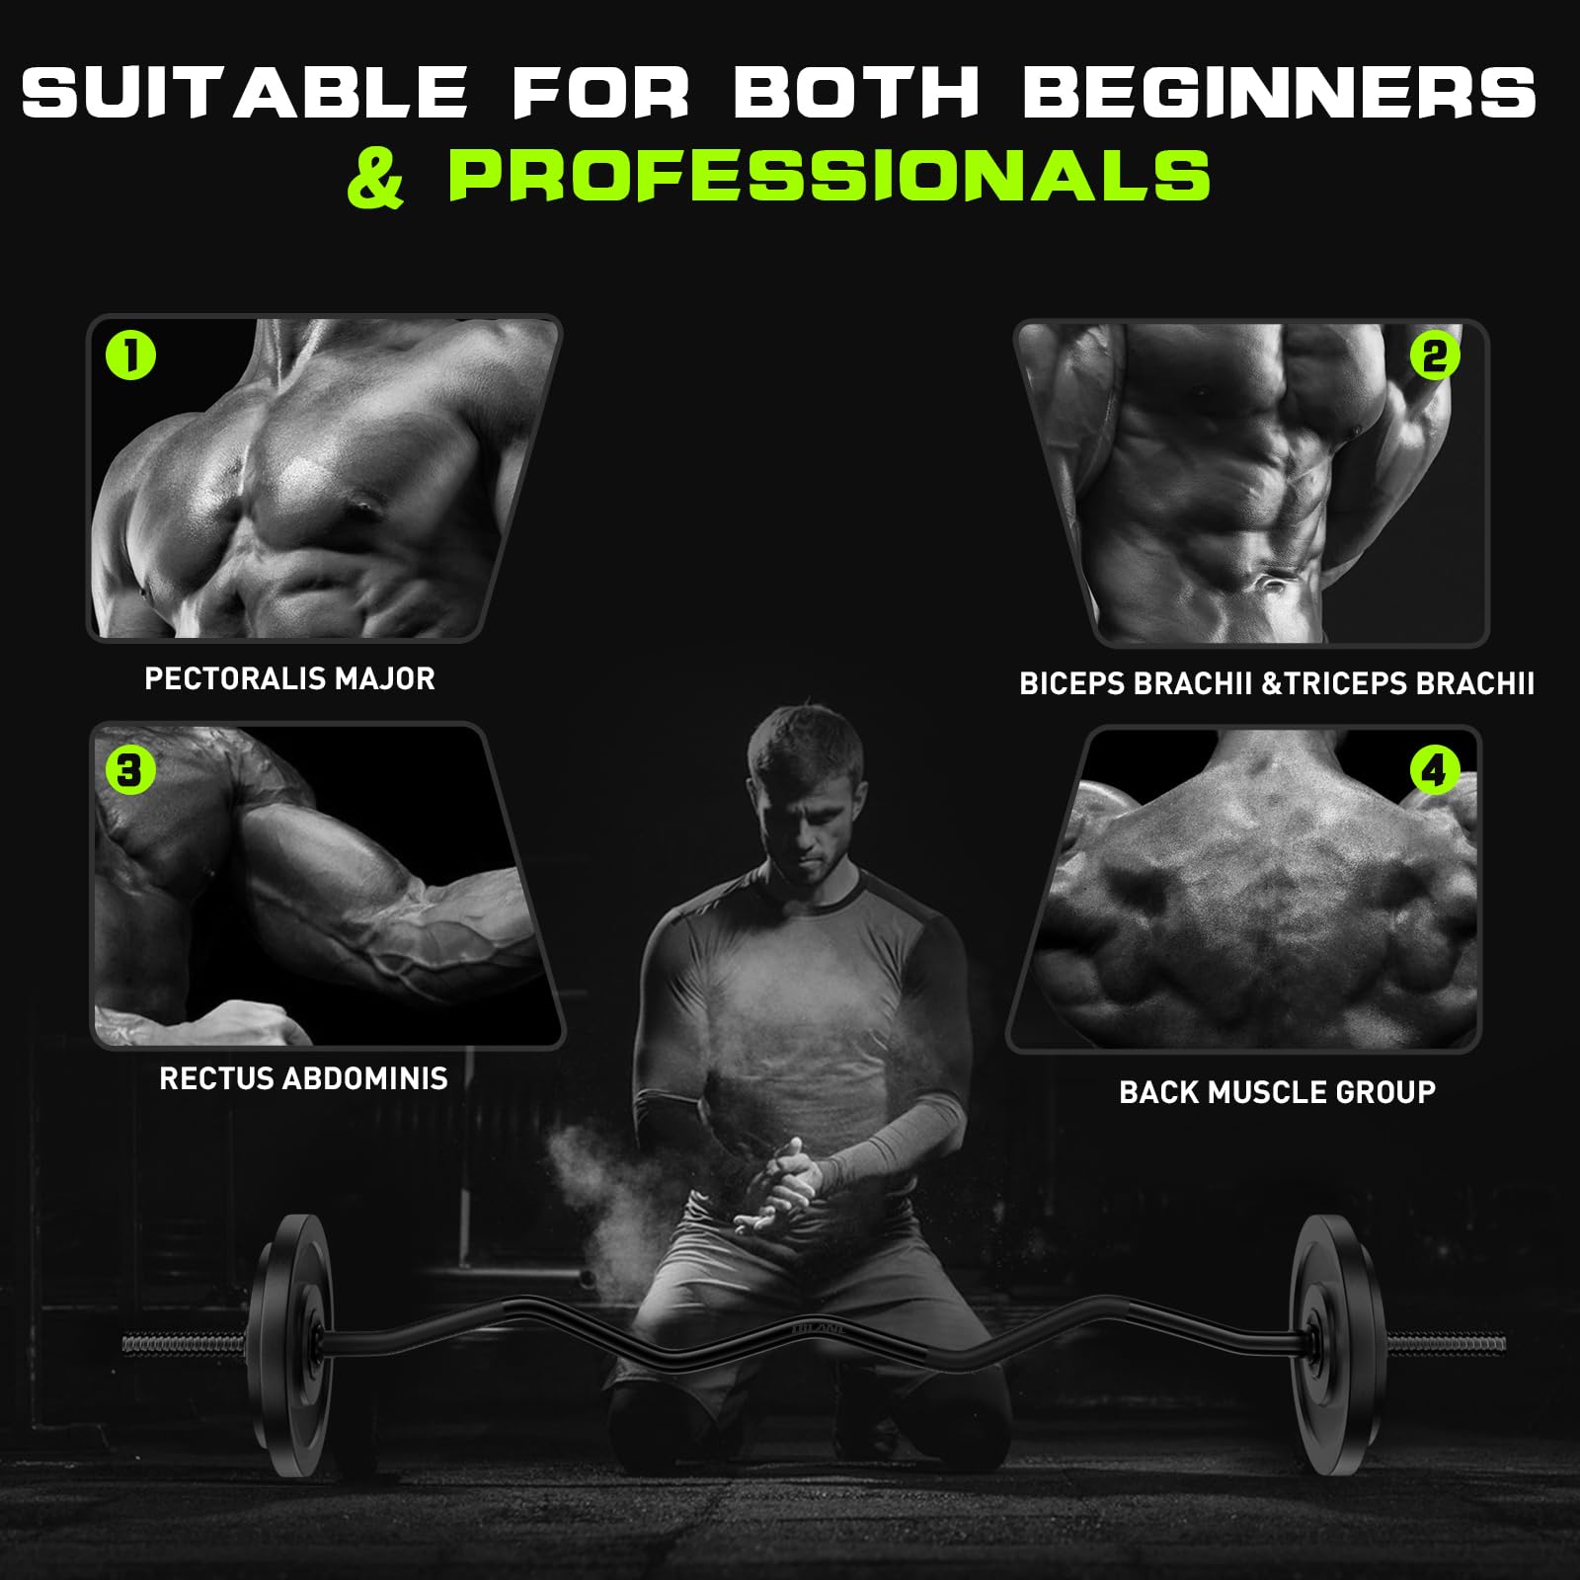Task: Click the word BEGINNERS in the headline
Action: (1280, 92)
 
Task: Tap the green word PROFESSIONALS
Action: (829, 175)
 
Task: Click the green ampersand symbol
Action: (376, 176)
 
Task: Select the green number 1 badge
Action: (131, 355)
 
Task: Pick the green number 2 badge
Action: (1435, 355)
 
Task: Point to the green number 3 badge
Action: (130, 769)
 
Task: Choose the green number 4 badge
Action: (1435, 770)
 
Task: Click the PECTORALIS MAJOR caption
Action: (289, 678)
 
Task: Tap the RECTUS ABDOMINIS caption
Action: (303, 1077)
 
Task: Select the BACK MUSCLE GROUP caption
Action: (1277, 1091)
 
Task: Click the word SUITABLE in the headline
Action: (244, 92)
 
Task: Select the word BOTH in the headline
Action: (855, 92)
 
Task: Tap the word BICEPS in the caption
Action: (1079, 683)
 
